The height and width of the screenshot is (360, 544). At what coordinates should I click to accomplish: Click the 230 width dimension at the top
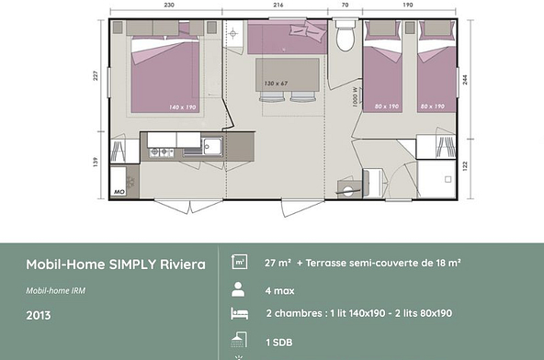click(170, 6)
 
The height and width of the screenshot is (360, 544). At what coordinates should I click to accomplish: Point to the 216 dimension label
click(278, 6)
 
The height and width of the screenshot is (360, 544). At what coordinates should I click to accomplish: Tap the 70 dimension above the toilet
click(346, 6)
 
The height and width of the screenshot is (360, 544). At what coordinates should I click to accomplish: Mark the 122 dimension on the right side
click(467, 165)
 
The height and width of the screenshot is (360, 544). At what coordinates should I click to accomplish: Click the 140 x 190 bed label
click(182, 107)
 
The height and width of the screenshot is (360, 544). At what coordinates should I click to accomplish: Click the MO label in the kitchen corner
click(119, 191)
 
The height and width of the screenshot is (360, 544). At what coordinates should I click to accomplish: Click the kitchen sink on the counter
click(211, 144)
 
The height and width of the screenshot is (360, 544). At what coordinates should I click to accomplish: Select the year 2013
click(38, 315)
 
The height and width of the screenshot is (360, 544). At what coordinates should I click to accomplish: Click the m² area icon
click(239, 262)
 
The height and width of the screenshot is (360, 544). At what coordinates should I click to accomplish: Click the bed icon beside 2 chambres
click(239, 314)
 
